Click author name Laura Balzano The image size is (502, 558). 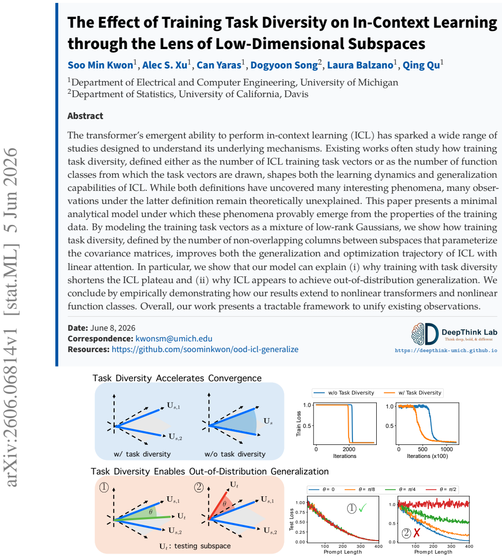[360, 65]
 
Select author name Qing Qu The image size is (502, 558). [421, 65]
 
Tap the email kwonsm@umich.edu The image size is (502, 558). [174, 338]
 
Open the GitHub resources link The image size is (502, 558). [205, 349]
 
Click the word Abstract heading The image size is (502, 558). [85, 116]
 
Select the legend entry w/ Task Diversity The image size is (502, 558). [414, 393]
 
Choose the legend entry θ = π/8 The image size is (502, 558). [362, 490]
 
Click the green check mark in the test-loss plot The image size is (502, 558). [363, 508]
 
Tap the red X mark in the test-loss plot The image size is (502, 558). [417, 533]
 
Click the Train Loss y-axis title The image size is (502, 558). [299, 423]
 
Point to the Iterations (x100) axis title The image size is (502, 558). [427, 456]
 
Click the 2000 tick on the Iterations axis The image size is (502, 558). [349, 449]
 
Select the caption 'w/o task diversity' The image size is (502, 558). [235, 454]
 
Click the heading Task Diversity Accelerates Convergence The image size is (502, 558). [177, 378]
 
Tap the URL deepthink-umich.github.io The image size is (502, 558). [446, 351]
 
